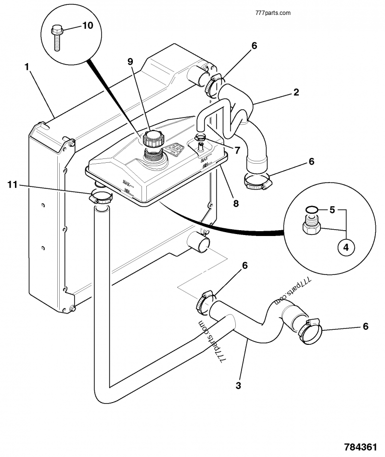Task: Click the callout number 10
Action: pyautogui.click(x=88, y=26)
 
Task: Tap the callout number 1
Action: pyautogui.click(x=27, y=67)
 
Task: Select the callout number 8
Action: pyautogui.click(x=235, y=203)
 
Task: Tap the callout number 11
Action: pyautogui.click(x=13, y=184)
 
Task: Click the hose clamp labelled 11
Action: pyautogui.click(x=100, y=196)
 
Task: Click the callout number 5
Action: pyautogui.click(x=331, y=210)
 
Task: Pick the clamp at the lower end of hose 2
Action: pyautogui.click(x=257, y=181)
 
